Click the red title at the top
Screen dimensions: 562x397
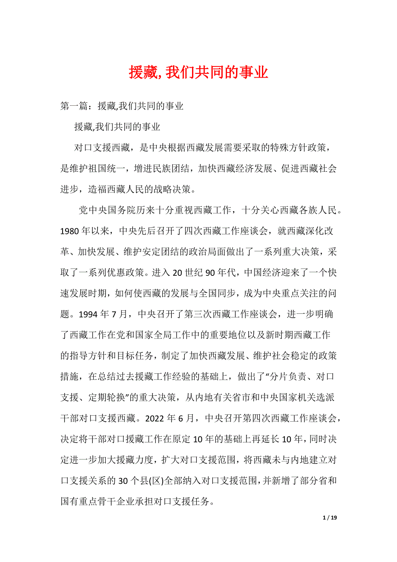pos(198,73)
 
